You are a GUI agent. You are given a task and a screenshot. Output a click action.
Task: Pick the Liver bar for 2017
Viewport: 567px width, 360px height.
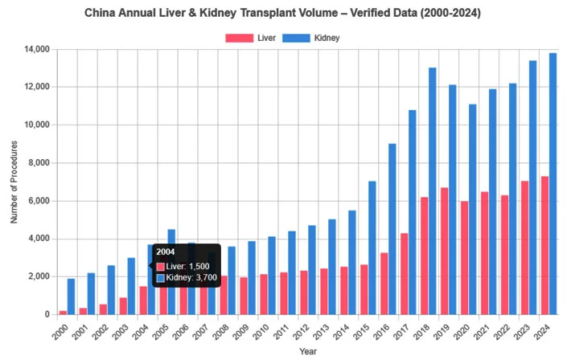pos(404,273)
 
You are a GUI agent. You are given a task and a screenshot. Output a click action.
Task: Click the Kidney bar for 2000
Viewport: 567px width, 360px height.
pos(72,297)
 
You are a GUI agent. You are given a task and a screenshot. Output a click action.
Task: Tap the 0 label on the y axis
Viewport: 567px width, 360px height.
pos(47,314)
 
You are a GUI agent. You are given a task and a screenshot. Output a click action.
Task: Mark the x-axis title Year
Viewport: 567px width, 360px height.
pos(308,351)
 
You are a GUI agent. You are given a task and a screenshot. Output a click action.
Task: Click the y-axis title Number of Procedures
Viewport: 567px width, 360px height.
pos(14,182)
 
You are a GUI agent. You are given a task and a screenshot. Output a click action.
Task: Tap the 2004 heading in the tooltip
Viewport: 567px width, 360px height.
pos(166,252)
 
